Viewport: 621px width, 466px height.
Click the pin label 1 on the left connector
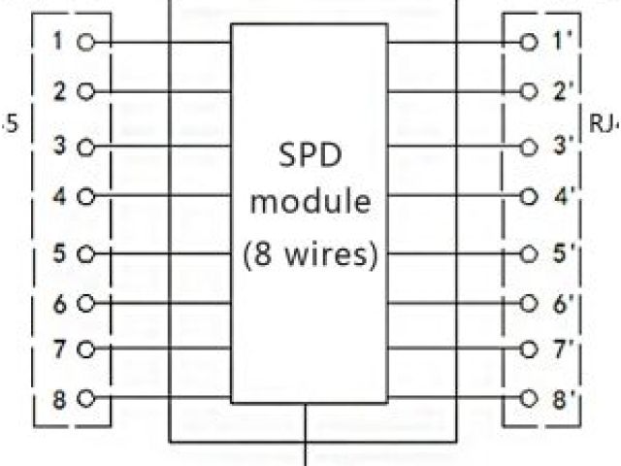pos(59,42)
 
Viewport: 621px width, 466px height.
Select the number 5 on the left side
pos(59,255)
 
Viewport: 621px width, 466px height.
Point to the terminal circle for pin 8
pos(84,398)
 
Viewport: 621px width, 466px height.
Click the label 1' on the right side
pos(561,42)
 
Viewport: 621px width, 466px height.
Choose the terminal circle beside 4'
pos(529,194)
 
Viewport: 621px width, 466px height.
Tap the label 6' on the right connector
pos(561,303)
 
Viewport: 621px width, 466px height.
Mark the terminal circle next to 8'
pos(529,398)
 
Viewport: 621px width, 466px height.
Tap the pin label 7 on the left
pos(59,349)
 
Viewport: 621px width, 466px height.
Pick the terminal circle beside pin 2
pos(84,92)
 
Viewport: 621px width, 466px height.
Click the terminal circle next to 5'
pos(529,255)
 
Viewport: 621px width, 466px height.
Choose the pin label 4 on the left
pos(59,194)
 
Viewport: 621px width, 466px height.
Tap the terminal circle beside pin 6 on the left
pos(84,303)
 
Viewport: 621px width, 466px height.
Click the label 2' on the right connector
pos(561,92)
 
